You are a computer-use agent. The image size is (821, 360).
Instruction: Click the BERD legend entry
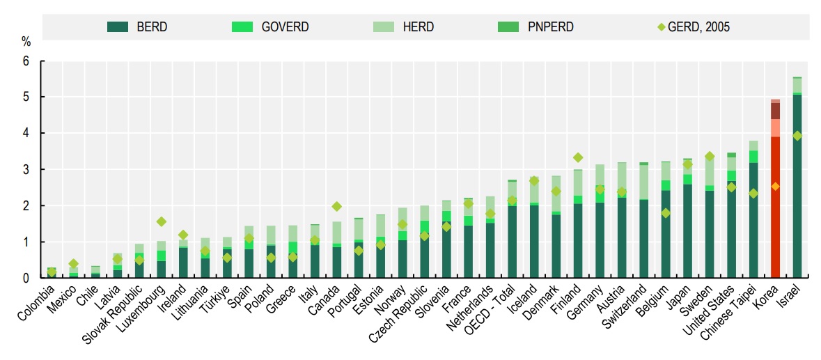point(137,27)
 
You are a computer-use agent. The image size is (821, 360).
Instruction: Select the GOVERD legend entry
point(269,27)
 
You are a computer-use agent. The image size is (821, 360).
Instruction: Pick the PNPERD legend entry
point(536,27)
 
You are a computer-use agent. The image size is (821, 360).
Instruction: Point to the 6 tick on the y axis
point(27,61)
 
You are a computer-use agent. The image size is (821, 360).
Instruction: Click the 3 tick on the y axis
point(27,170)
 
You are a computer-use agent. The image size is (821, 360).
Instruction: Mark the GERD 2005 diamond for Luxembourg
point(161,221)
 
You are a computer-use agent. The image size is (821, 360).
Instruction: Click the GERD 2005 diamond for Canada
point(336,206)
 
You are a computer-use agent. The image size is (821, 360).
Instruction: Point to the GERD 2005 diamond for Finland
point(577,157)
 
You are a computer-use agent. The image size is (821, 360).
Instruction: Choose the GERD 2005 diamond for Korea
point(775,187)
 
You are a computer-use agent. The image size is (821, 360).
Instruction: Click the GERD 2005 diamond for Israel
point(797,136)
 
